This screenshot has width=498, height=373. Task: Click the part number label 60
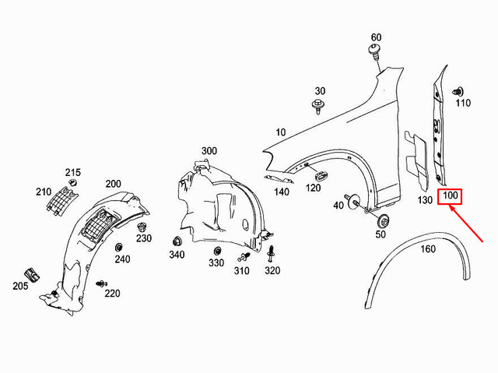pyautogui.click(x=376, y=38)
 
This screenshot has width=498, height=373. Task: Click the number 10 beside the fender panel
pyautogui.click(x=280, y=132)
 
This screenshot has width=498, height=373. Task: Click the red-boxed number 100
pyautogui.click(x=451, y=195)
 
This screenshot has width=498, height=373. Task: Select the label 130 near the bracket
pyautogui.click(x=424, y=200)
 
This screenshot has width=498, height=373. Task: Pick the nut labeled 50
pyautogui.click(x=382, y=219)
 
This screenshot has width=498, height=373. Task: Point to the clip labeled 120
pyautogui.click(x=318, y=173)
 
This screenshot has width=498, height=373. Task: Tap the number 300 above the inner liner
pyautogui.click(x=209, y=150)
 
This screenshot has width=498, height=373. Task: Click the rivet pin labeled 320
pyautogui.click(x=272, y=254)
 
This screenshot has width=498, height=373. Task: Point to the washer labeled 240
pyautogui.click(x=119, y=248)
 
